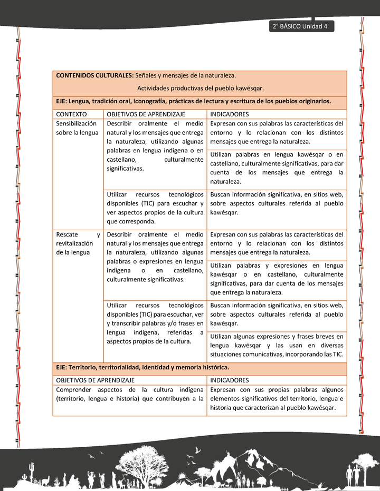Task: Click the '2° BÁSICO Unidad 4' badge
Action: click(300, 26)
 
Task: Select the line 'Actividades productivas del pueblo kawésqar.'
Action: click(200, 89)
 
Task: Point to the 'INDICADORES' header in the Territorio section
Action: click(230, 380)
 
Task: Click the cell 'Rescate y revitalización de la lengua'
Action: click(78, 243)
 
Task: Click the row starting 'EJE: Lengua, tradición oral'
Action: click(193, 101)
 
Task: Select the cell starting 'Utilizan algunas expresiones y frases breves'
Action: click(277, 345)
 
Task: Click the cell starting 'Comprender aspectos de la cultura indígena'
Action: click(129, 394)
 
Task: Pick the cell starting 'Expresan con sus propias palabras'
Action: click(277, 399)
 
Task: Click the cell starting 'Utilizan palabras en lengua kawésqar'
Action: click(277, 168)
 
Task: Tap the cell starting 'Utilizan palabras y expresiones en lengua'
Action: click(277, 279)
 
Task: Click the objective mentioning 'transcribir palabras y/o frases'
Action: click(155, 323)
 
